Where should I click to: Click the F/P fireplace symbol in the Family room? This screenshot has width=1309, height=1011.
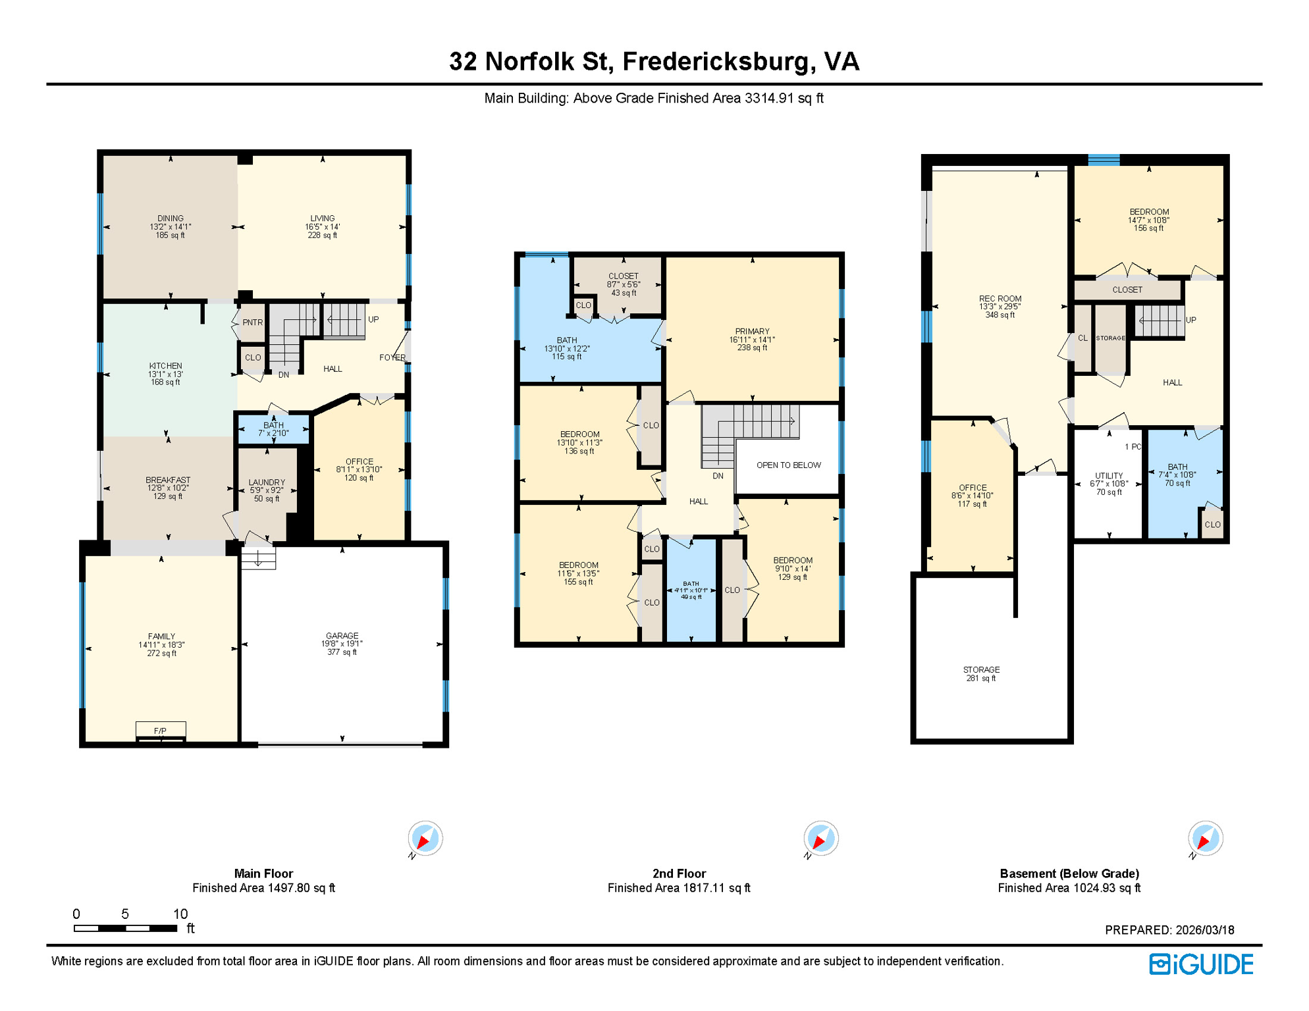coord(161,731)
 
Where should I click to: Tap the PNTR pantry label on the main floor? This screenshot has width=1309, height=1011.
coord(252,323)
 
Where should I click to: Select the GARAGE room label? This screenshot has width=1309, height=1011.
coord(342,636)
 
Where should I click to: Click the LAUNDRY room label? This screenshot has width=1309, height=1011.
coord(267,482)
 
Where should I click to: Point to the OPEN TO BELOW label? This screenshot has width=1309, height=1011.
coord(788,465)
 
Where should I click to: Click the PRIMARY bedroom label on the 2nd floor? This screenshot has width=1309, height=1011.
coord(752,332)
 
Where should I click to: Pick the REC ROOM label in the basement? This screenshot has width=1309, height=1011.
coord(1000,299)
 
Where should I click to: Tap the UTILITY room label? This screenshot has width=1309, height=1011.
coord(1109,476)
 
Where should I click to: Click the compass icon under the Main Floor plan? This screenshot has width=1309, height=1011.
coord(425,839)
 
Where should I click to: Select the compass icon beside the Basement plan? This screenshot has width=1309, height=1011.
coord(1205,839)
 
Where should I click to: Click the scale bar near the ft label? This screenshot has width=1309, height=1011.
coord(125,928)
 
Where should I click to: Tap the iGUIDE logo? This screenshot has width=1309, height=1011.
coord(1201,964)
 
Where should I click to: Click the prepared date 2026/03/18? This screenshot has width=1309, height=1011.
coord(1205,930)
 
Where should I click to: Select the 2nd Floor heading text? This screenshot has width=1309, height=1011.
coord(679,873)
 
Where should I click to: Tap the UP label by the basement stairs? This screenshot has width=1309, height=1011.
coord(1190,321)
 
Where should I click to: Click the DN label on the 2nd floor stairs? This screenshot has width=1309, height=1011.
coord(718,476)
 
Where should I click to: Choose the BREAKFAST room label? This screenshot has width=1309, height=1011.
coord(168,480)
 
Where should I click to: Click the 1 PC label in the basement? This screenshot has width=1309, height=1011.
coord(1133,447)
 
